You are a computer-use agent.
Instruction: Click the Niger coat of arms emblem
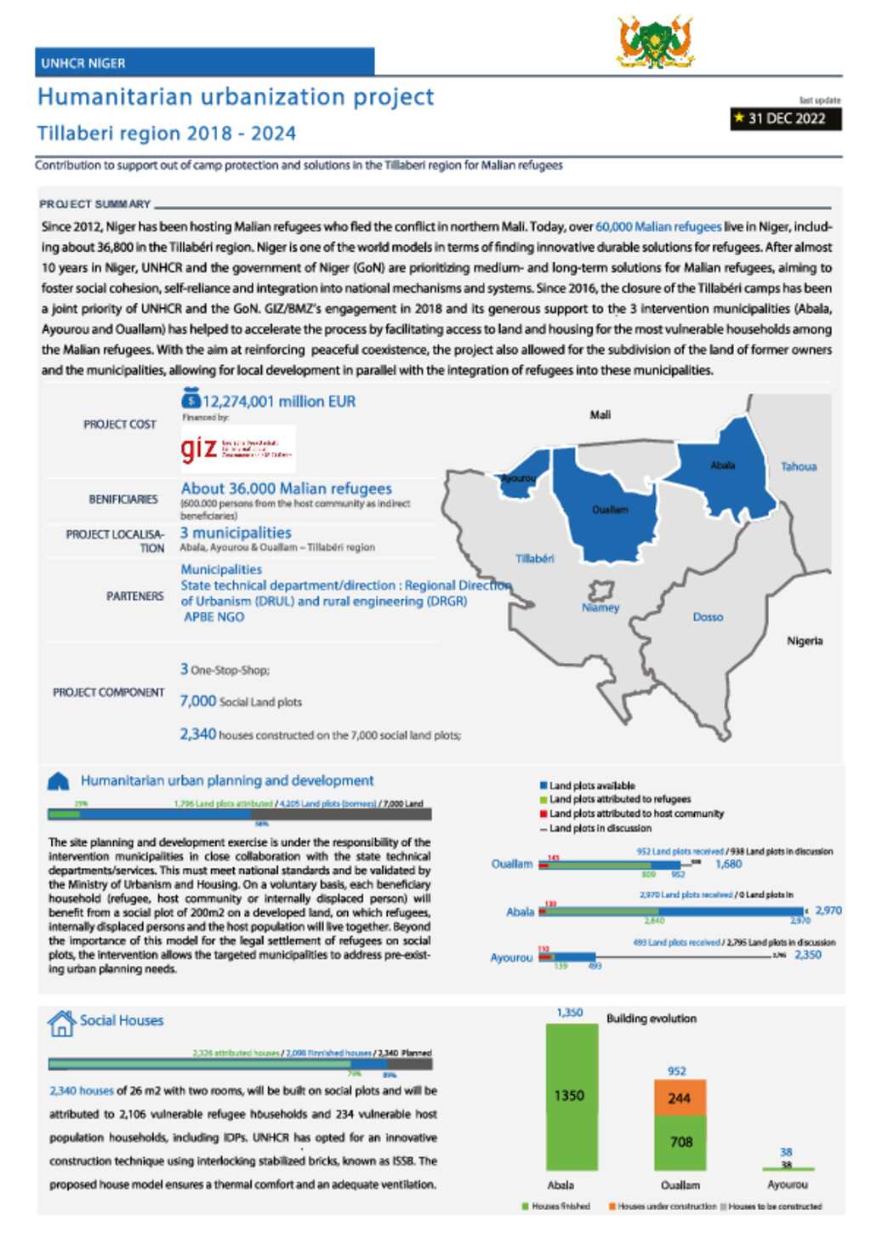(x=655, y=42)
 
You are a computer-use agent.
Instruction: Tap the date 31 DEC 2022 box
(x=786, y=118)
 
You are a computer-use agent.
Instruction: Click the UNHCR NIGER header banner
(x=204, y=62)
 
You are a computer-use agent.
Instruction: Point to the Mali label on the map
(x=601, y=414)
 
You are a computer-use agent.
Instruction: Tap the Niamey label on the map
(x=601, y=608)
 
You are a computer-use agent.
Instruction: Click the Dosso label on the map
(x=708, y=617)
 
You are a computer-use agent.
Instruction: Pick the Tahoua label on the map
(x=799, y=466)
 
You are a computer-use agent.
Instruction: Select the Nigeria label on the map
(x=805, y=641)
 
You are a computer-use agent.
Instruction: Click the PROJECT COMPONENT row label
(x=109, y=693)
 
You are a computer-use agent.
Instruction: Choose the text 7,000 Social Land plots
(x=241, y=701)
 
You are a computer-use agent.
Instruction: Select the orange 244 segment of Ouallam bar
(x=679, y=1098)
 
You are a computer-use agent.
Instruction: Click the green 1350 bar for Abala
(x=570, y=1096)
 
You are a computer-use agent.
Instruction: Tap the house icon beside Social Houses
(x=61, y=1023)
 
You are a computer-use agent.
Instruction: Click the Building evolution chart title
(x=652, y=1019)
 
